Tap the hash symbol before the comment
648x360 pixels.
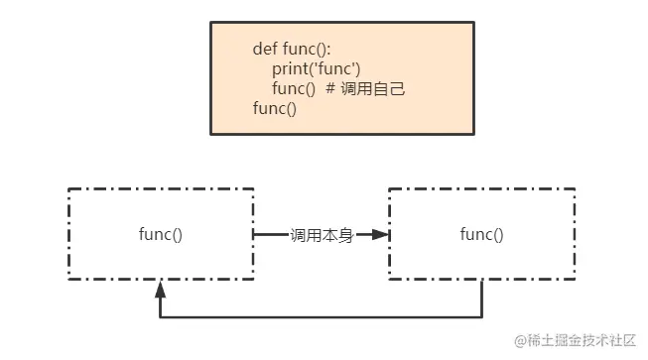click(330, 89)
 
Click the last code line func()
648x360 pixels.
click(275, 108)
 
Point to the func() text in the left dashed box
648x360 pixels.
click(161, 235)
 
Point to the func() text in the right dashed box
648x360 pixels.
click(481, 235)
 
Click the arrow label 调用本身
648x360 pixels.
click(321, 235)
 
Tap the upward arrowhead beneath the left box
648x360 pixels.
click(160, 290)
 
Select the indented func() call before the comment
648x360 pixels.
click(294, 89)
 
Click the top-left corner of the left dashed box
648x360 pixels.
click(68, 188)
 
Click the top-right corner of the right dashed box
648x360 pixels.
click(574, 188)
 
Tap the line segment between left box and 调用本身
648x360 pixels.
click(271, 235)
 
